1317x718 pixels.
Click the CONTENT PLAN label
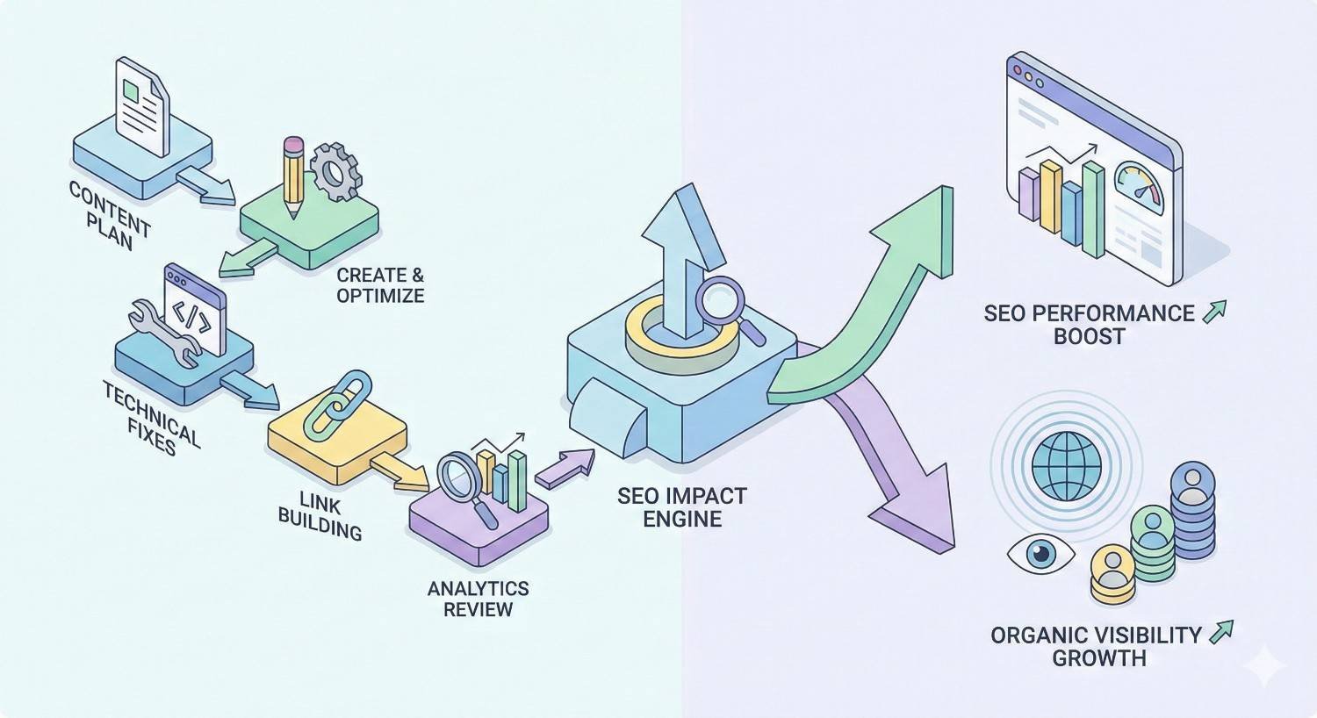[110, 215]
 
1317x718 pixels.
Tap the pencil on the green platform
[293, 176]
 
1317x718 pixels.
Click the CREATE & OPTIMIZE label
[380, 285]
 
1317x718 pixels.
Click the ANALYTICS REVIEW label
[478, 599]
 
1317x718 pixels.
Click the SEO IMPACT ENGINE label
[681, 506]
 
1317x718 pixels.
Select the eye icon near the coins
[1040, 554]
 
